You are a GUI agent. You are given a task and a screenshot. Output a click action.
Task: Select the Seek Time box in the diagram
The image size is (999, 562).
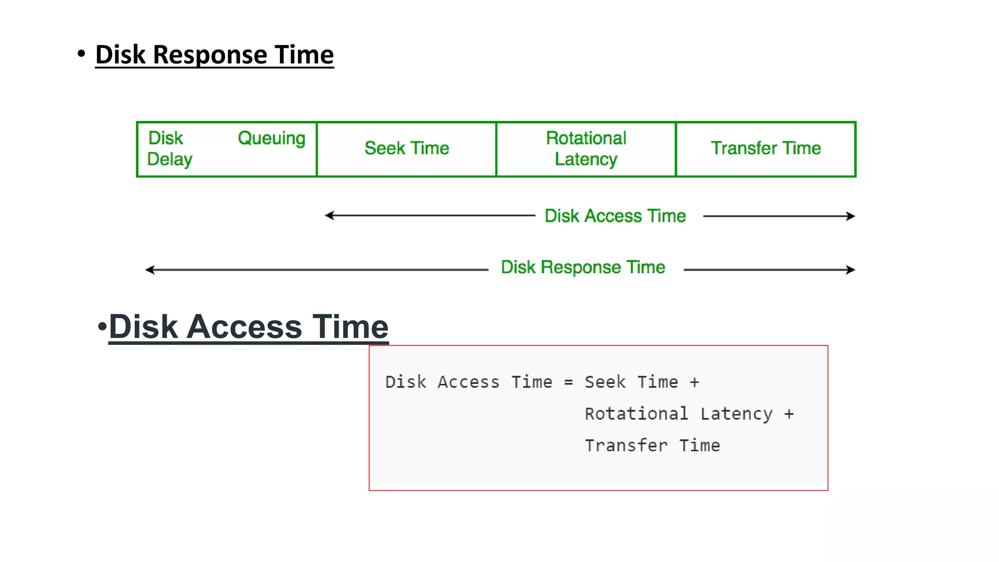pyautogui.click(x=406, y=148)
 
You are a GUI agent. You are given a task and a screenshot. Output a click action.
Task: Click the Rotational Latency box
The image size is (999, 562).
pyautogui.click(x=586, y=148)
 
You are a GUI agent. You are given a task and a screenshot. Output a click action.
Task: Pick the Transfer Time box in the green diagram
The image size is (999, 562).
pyautogui.click(x=765, y=148)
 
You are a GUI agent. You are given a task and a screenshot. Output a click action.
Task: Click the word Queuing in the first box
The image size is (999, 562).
pyautogui.click(x=271, y=139)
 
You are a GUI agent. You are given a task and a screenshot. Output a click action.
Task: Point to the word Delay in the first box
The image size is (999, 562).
pyautogui.click(x=170, y=160)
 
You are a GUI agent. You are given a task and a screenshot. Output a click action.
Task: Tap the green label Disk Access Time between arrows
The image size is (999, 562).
pyautogui.click(x=615, y=216)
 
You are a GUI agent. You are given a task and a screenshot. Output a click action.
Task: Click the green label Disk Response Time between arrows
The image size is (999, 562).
pyautogui.click(x=583, y=267)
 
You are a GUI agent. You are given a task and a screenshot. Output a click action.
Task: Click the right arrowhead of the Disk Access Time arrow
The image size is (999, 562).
pyautogui.click(x=851, y=216)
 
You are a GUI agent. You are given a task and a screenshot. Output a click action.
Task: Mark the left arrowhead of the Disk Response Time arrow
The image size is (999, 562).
pyautogui.click(x=150, y=270)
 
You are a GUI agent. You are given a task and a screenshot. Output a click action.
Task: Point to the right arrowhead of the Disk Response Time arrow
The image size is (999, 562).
pyautogui.click(x=851, y=270)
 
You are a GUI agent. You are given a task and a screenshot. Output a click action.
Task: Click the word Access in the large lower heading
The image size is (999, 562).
pyautogui.click(x=244, y=326)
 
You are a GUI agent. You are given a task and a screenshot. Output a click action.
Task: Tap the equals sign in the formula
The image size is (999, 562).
pyautogui.click(x=568, y=382)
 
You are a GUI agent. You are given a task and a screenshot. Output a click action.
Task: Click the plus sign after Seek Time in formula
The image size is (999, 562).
pyautogui.click(x=694, y=382)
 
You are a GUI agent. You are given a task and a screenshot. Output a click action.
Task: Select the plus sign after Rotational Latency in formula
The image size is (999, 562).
pyautogui.click(x=789, y=414)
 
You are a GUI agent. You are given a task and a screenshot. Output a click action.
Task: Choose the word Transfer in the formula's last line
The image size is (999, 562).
pyautogui.click(x=626, y=445)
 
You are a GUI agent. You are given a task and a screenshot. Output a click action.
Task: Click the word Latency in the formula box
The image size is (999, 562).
pyautogui.click(x=736, y=414)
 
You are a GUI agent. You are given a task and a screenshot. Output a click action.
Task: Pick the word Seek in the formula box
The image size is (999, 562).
pyautogui.click(x=605, y=382)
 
